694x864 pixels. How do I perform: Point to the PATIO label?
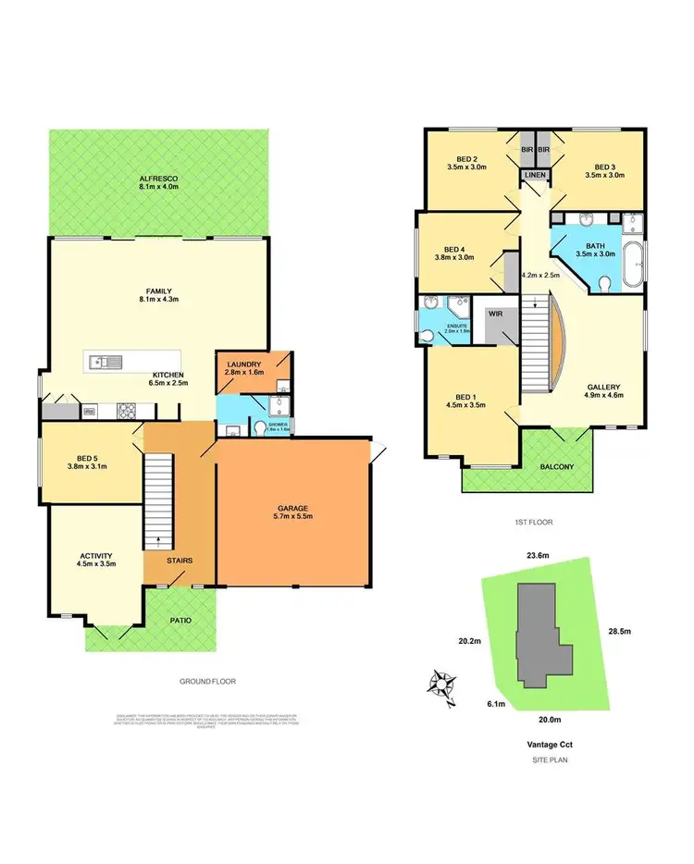coord(180,620)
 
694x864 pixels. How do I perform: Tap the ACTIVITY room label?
coord(95,557)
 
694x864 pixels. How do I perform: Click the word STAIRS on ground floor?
coord(180,561)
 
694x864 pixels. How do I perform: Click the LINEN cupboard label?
coord(536,176)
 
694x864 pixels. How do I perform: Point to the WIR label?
coord(496,315)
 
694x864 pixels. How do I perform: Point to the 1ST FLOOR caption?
coord(533,523)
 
